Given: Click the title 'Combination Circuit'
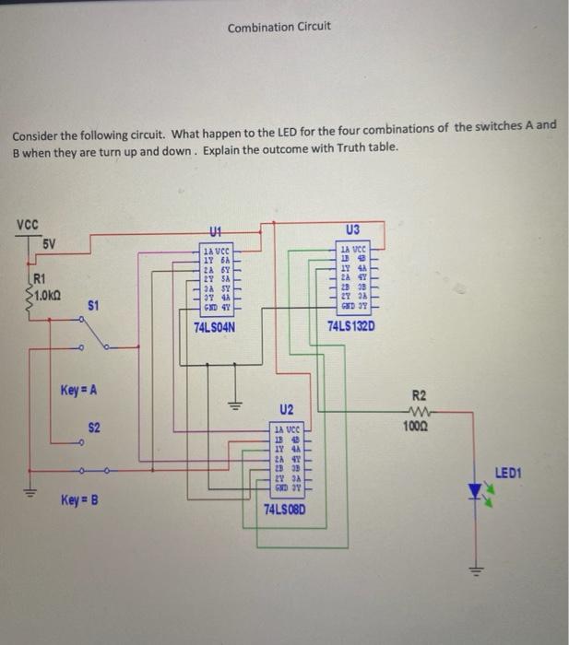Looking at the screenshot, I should click(279, 27).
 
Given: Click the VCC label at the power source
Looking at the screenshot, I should click(28, 222).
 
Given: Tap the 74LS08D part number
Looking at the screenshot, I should click(285, 510).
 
